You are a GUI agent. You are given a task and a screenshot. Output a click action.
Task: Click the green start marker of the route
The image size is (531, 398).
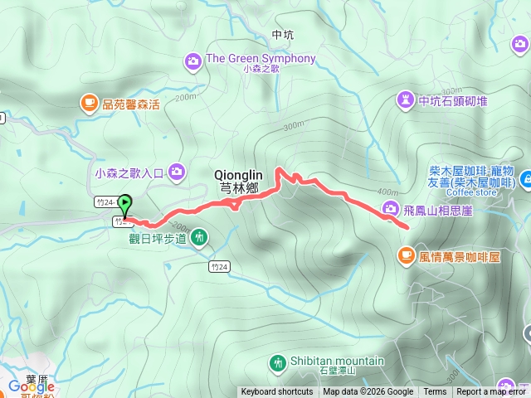pos(124,203)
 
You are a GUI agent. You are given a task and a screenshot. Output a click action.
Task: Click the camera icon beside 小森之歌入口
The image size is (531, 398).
pos(177,172)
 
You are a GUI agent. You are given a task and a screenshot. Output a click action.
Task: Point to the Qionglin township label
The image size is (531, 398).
pos(239,181)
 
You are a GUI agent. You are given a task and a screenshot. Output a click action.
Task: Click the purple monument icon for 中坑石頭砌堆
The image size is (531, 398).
pos(406,101)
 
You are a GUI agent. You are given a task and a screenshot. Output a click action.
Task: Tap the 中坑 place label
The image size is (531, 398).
pos(283,35)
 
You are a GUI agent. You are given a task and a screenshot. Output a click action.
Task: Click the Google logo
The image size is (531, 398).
pos(31,386)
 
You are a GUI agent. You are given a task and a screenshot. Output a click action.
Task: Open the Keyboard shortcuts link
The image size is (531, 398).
pos(277,392)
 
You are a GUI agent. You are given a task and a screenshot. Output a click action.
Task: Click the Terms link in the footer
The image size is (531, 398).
pos(435,392)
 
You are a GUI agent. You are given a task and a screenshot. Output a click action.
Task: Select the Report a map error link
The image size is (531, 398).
pos(492,392)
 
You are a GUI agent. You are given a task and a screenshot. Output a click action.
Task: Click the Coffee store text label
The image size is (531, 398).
pos(471,193)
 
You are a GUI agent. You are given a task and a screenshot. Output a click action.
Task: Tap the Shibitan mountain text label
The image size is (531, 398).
pos(337,361)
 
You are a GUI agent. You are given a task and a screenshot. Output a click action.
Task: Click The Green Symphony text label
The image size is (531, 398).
pos(261,58)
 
